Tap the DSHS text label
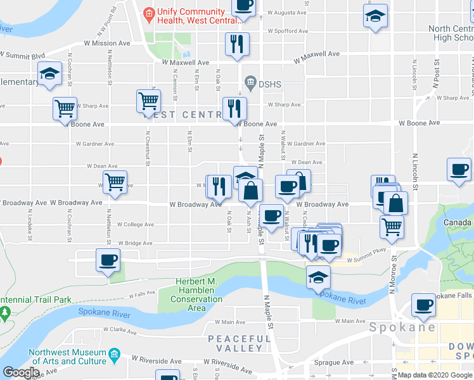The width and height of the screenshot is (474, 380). [x=269, y=83]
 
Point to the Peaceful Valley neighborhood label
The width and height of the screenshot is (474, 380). [x=236, y=344]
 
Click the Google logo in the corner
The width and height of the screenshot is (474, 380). [x=21, y=372]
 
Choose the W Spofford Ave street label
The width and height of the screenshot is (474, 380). [x=288, y=30]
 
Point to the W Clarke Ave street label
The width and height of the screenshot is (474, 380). [x=117, y=330]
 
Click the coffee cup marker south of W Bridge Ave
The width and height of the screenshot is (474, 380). [x=108, y=260]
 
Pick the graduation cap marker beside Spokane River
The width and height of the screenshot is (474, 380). [x=318, y=276]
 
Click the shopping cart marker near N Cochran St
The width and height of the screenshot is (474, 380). [x=65, y=109]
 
